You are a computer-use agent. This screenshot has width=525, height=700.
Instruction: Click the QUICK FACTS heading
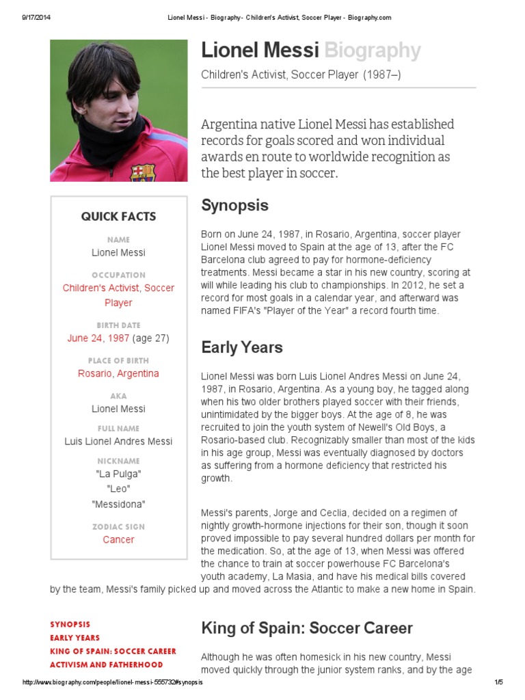coord(118,217)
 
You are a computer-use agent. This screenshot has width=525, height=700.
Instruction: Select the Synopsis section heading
coord(234,206)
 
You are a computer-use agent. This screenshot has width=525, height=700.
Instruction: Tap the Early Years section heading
coord(241,347)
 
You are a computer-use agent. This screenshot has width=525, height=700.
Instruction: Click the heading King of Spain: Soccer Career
coord(306,628)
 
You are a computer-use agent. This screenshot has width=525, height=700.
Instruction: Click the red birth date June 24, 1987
coord(98,338)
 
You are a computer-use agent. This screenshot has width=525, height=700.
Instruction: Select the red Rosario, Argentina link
coord(118,374)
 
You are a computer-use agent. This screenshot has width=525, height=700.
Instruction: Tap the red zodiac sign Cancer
coord(118,540)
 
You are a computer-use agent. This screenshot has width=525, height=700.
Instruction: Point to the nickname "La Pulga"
coord(118,474)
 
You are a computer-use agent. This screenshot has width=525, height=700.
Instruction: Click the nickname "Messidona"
coord(118,504)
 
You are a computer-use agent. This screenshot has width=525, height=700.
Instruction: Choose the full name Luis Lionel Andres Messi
coord(118,442)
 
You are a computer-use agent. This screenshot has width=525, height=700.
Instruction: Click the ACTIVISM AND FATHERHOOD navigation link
coord(106,664)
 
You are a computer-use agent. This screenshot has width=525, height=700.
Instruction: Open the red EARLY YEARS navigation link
coord(75,638)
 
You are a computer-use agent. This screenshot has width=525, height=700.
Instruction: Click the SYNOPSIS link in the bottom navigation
coord(70,625)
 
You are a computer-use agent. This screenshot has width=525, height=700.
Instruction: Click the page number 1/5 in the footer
coord(498,683)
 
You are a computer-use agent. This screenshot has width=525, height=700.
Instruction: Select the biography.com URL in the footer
coord(113,683)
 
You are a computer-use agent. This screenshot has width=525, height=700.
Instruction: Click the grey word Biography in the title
coord(372,51)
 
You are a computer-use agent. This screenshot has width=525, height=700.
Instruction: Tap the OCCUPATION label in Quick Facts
coord(118,275)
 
